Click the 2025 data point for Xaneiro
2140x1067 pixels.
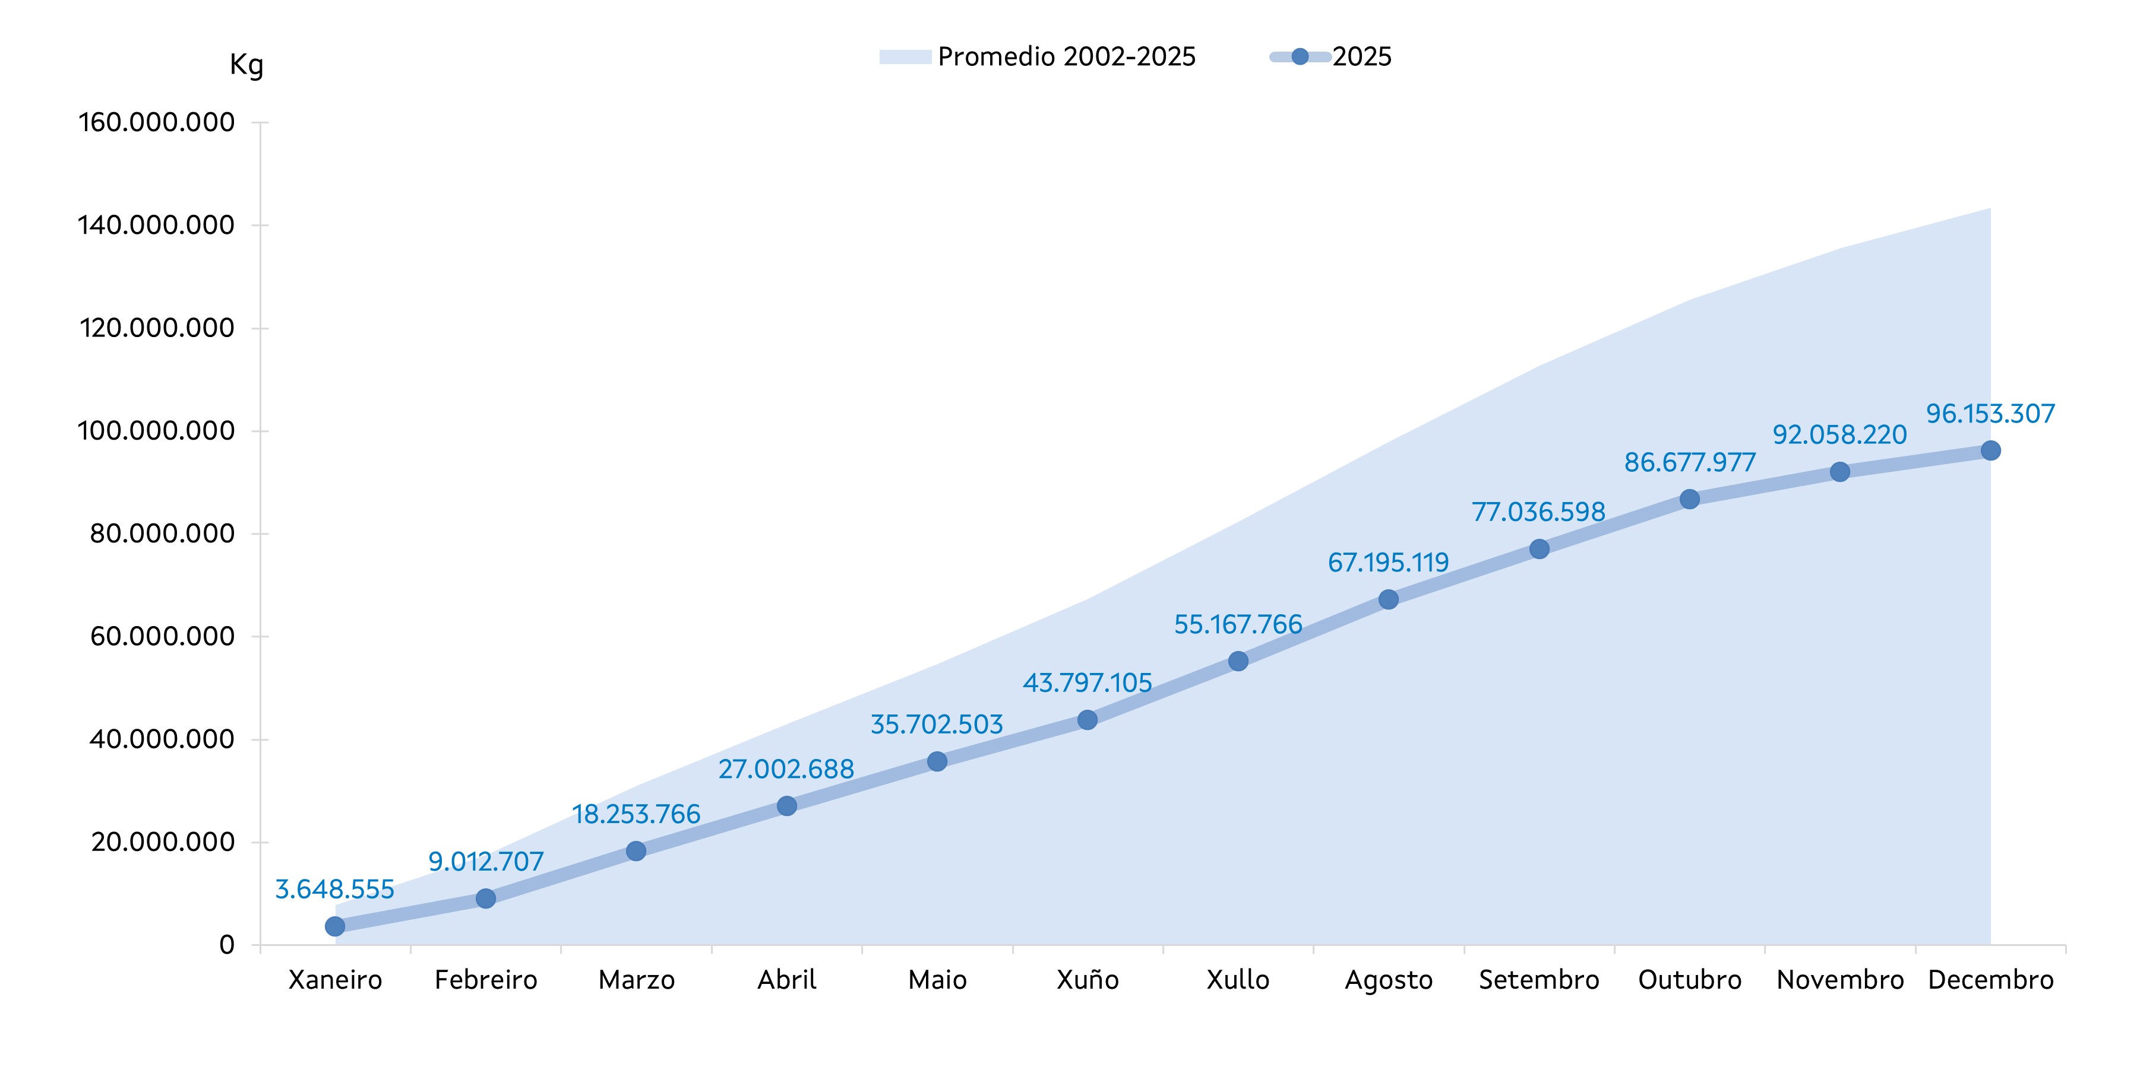(x=335, y=926)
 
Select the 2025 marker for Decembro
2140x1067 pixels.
(x=1990, y=451)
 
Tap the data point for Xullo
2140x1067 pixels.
(x=1238, y=661)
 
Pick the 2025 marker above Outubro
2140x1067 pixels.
(x=1690, y=499)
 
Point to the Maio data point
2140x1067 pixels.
(x=937, y=761)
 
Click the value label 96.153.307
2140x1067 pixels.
(x=1990, y=414)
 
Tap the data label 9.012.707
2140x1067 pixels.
(x=486, y=861)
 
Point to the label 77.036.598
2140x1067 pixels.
(x=1538, y=512)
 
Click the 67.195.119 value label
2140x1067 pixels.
(x=1388, y=562)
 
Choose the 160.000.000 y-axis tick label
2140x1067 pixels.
(x=156, y=123)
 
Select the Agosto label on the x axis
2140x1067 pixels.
(x=1389, y=980)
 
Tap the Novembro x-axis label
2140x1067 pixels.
(x=1840, y=980)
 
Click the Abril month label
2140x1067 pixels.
(x=787, y=980)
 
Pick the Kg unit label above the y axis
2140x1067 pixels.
(x=246, y=65)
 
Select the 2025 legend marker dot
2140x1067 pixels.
(x=1300, y=56)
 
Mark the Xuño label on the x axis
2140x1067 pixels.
(x=1088, y=980)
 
